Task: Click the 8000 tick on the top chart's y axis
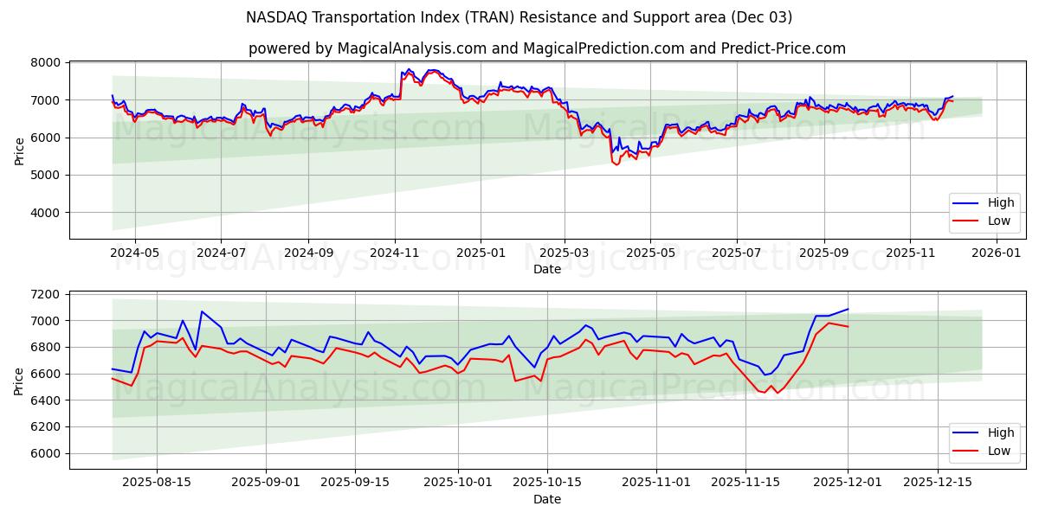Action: (47, 63)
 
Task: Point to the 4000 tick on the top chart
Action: (47, 213)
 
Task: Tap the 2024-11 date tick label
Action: (395, 253)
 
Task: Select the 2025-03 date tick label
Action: (565, 253)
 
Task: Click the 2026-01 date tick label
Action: (997, 253)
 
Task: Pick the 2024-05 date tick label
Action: (135, 253)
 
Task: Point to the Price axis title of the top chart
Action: (19, 151)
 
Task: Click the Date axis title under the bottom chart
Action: (546, 499)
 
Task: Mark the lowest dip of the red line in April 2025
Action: (616, 164)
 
